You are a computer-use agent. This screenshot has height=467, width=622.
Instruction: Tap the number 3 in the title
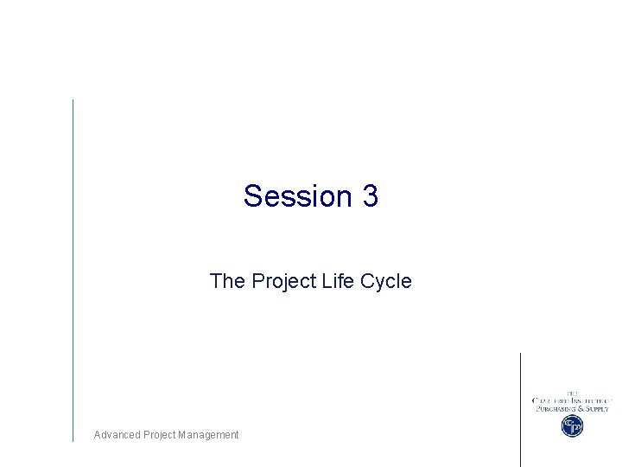(x=371, y=196)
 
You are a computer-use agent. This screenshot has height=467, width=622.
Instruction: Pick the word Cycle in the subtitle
(x=387, y=281)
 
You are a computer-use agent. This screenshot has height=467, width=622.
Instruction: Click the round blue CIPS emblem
(x=572, y=425)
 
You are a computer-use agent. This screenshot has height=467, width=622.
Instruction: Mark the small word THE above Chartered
(x=572, y=393)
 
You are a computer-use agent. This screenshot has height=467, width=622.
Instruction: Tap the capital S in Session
(x=252, y=196)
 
